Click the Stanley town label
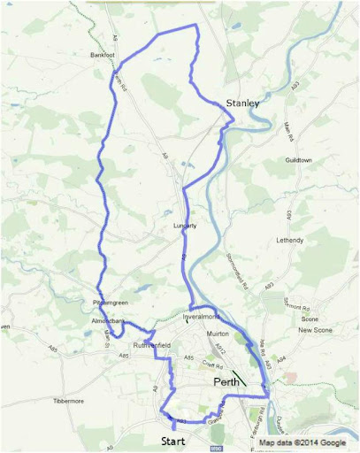(241, 104)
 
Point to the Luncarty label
(185, 226)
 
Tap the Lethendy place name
(289, 240)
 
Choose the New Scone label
(314, 330)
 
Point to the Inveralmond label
(200, 316)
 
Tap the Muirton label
(217, 334)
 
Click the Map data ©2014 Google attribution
(302, 442)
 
